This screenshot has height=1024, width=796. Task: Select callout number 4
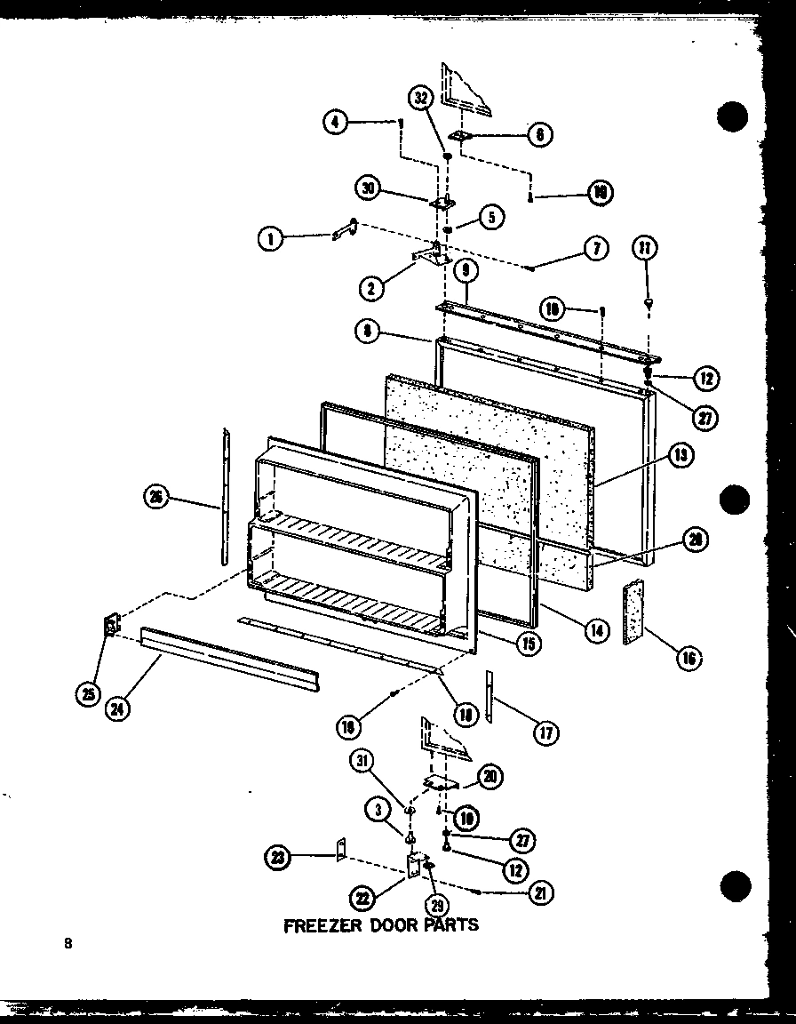(x=334, y=122)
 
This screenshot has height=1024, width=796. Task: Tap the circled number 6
(x=539, y=134)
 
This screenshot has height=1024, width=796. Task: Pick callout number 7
(x=596, y=248)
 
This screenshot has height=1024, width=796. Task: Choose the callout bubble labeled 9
(x=466, y=268)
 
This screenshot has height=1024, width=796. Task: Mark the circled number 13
(x=681, y=457)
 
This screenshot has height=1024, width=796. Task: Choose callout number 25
(x=87, y=694)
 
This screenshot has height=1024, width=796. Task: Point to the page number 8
(x=67, y=945)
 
